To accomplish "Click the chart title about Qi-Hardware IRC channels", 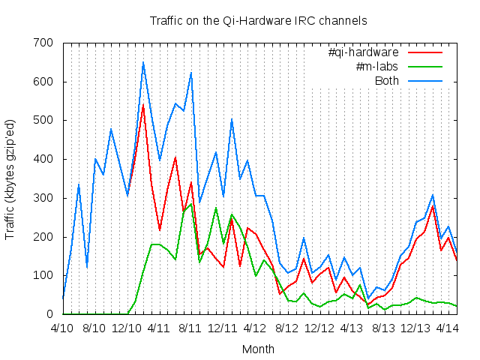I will (x=258, y=21).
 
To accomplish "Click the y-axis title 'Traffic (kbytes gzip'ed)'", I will (x=10, y=178).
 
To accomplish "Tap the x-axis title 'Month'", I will (x=258, y=349).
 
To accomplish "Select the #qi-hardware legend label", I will (x=364, y=52).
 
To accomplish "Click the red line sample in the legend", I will (x=424, y=52).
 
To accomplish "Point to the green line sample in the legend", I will (x=424, y=66).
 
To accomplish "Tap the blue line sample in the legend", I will (x=424, y=80).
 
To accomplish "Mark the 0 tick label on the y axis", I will (x=53, y=314).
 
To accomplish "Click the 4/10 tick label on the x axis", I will (x=63, y=328).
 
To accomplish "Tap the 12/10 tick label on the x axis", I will (x=127, y=328).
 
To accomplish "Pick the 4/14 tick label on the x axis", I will (x=448, y=328).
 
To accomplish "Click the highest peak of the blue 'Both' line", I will (x=143, y=62).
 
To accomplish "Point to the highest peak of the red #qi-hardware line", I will (x=143, y=105).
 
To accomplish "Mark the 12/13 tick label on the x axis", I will (x=416, y=328).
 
